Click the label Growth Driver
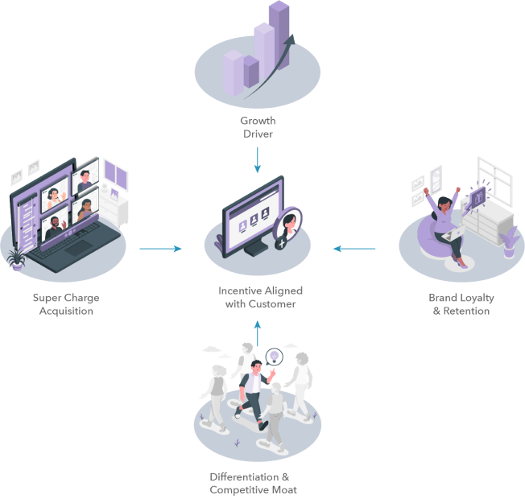[x=258, y=127]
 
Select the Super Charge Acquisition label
[x=66, y=304]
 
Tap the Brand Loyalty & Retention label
[x=461, y=304]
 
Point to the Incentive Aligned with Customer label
[x=257, y=297]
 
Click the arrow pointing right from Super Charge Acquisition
[x=159, y=249]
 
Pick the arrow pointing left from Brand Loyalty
[x=355, y=249]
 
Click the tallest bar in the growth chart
[x=279, y=36]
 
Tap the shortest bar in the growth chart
[x=233, y=72]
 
